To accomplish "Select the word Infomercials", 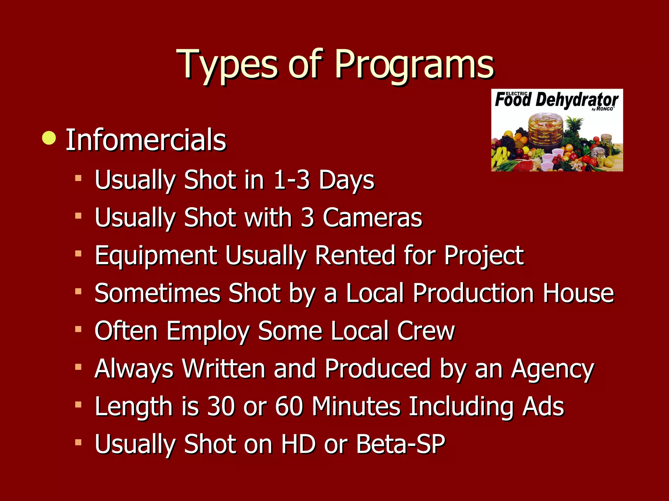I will click(146, 140).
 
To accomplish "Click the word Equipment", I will click(156, 255).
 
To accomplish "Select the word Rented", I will click(355, 255).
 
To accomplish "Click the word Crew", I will click(426, 331).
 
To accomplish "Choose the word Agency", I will click(552, 369).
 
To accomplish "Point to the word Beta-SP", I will click(400, 444).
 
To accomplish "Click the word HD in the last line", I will click(298, 444).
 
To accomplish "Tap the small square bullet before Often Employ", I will click(78, 329).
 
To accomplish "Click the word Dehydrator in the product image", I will click(577, 100).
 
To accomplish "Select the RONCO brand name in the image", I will click(605, 109).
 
